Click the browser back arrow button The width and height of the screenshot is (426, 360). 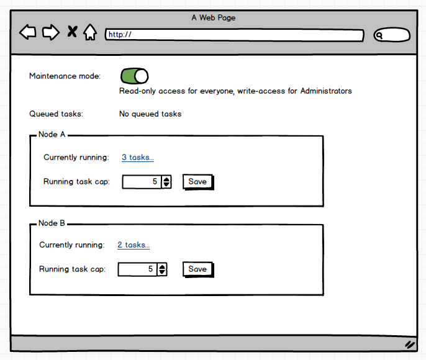(x=28, y=32)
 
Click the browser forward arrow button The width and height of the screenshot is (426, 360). (x=51, y=32)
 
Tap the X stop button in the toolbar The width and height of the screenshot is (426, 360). (x=72, y=32)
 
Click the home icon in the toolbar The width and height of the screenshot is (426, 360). (x=90, y=32)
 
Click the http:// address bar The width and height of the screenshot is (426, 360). (x=234, y=35)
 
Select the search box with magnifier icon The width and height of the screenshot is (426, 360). (x=392, y=35)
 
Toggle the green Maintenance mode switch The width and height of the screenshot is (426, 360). (x=134, y=76)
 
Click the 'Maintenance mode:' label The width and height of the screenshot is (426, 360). (x=65, y=76)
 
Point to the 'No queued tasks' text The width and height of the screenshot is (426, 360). (x=150, y=114)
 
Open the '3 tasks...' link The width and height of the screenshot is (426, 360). (x=137, y=158)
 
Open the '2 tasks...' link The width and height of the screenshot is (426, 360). (x=134, y=245)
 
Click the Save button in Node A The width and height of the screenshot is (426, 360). (x=197, y=182)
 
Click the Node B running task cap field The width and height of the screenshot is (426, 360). (x=137, y=269)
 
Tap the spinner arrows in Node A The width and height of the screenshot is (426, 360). (x=166, y=182)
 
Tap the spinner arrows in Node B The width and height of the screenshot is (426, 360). (x=162, y=269)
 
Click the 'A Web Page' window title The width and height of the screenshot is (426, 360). (x=213, y=18)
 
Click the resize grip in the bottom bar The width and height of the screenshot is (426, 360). (x=409, y=344)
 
